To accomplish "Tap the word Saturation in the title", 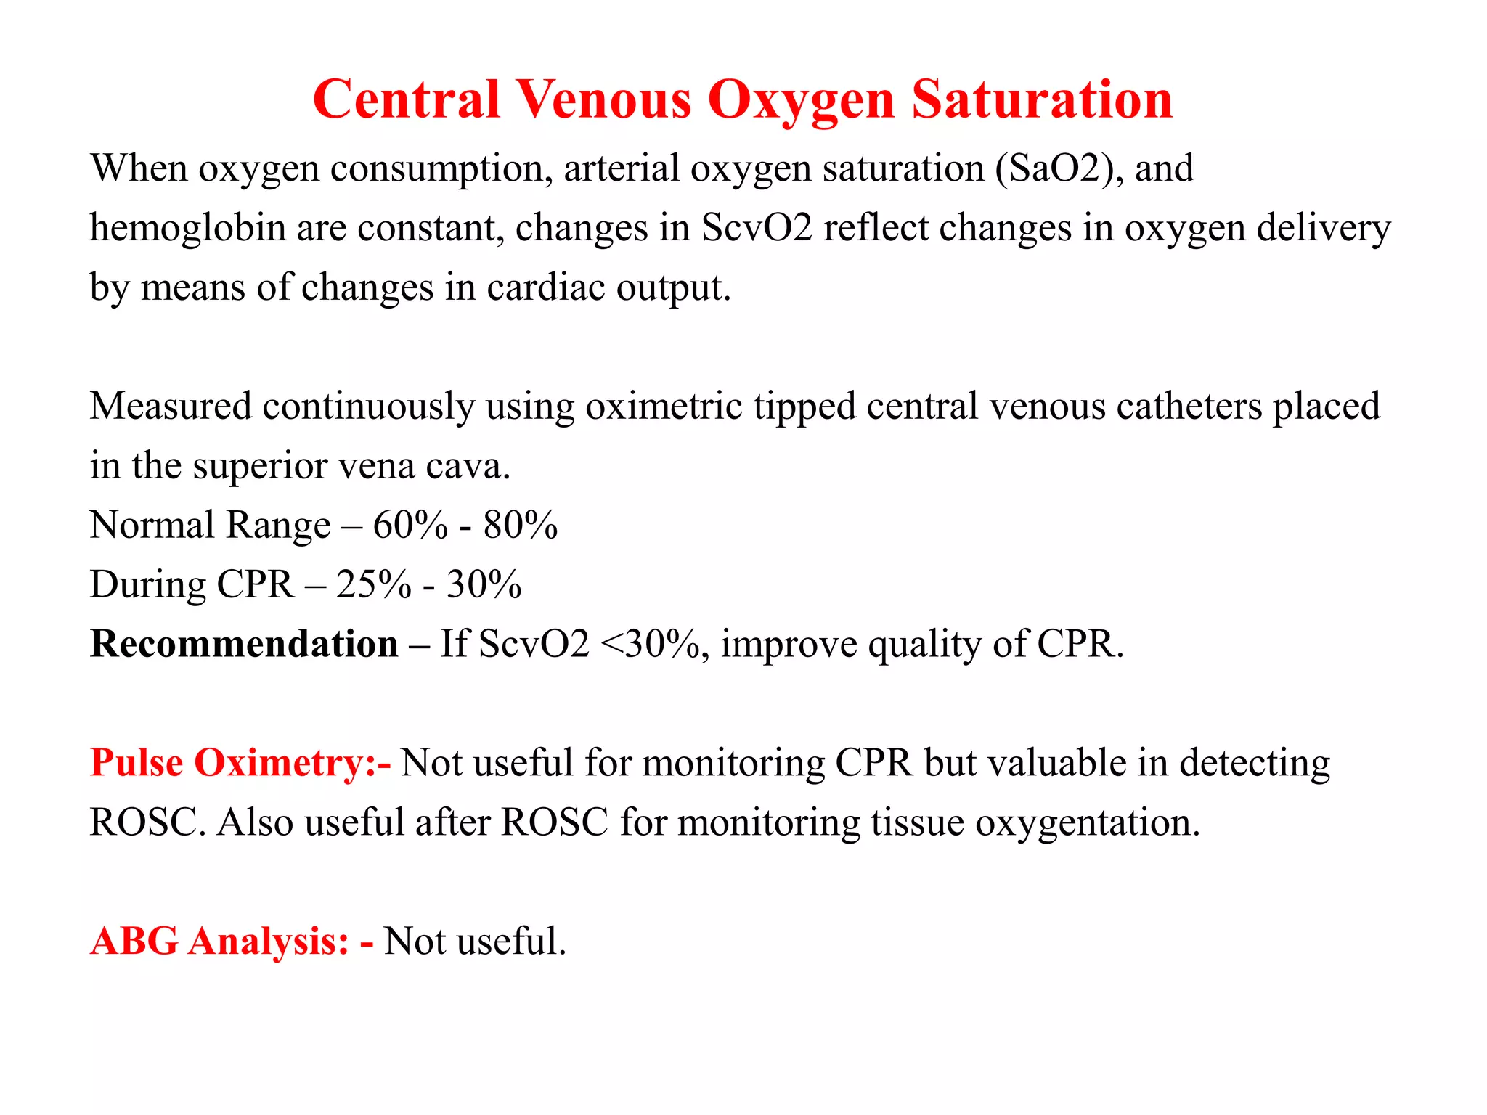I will [1042, 99].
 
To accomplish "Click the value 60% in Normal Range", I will [410, 526].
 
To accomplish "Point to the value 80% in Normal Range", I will [521, 526].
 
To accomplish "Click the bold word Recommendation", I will [244, 645].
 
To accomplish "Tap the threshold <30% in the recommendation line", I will [650, 645].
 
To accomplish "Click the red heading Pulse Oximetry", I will [240, 764].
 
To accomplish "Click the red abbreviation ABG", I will [134, 942].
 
